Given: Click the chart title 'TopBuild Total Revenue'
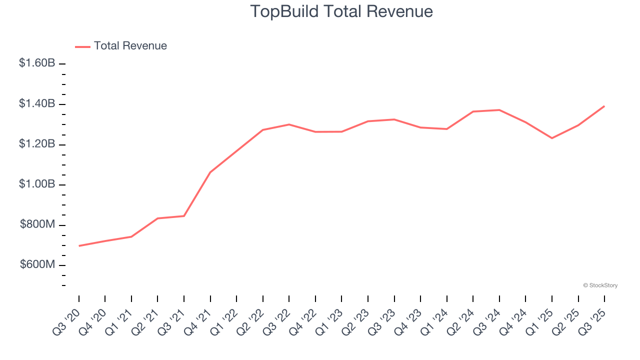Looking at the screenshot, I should [341, 11].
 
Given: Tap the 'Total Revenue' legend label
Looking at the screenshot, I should [130, 46].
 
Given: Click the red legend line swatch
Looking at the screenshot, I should [82, 46].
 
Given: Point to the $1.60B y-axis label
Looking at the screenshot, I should [37, 63].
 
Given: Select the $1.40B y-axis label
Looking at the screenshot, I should [37, 104].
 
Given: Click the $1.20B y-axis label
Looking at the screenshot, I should [37, 144].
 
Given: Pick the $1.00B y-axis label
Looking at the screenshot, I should [37, 184].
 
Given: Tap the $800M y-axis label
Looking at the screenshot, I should [37, 225].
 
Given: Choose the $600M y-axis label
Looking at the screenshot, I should [37, 265].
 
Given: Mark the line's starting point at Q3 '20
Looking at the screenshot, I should [79, 246].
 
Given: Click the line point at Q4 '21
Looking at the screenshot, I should [210, 172].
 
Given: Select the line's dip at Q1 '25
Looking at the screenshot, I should [552, 138].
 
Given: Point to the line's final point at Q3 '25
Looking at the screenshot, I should [604, 106].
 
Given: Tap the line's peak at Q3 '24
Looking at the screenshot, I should [499, 110].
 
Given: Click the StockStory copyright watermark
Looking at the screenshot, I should [600, 285].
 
